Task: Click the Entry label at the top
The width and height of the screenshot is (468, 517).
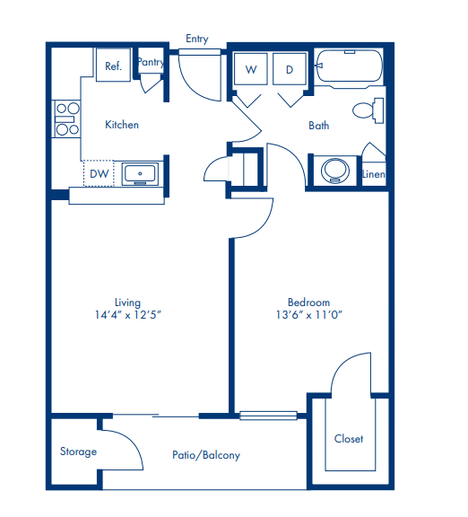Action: click(196, 39)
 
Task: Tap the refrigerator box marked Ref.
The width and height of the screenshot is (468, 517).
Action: click(114, 66)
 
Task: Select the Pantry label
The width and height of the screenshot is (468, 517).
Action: click(150, 63)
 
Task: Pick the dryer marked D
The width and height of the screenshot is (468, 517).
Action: click(290, 69)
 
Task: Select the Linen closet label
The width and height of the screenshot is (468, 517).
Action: click(374, 174)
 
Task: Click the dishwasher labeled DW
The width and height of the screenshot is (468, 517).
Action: click(100, 172)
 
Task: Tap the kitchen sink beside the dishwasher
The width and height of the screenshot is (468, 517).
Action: click(140, 172)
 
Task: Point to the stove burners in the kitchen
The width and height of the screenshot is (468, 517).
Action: click(65, 118)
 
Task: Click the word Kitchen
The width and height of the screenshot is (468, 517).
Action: click(122, 125)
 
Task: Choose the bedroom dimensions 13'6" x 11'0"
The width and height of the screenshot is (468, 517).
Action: click(309, 315)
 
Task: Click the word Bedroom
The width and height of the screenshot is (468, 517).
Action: click(308, 302)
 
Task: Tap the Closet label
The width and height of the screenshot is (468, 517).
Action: click(349, 438)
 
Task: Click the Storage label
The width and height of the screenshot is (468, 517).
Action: click(78, 451)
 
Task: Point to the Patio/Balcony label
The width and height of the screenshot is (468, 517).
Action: click(206, 455)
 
